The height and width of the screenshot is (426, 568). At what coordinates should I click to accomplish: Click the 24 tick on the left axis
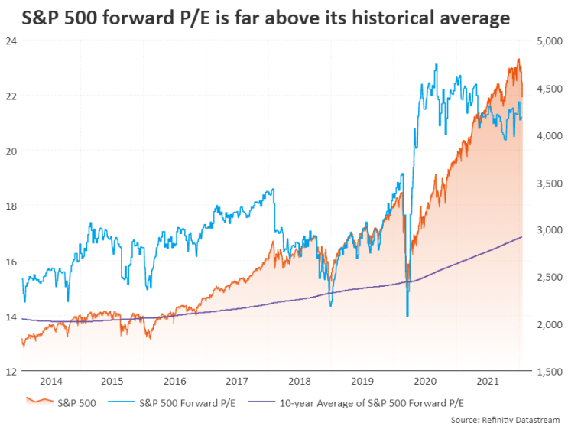[11, 41]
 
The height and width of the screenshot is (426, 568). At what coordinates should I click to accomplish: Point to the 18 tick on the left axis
[11, 206]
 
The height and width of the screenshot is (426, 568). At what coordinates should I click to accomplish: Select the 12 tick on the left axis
[11, 372]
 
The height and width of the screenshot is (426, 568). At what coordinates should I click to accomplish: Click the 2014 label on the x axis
[51, 381]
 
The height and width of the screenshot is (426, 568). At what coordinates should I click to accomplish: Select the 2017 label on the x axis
[238, 381]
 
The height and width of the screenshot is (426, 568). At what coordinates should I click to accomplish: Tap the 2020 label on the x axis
[424, 381]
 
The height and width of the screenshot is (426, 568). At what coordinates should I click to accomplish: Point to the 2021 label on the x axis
[486, 381]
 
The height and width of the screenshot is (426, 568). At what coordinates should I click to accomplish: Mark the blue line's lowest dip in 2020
[407, 316]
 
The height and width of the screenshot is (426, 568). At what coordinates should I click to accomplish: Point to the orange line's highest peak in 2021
[519, 60]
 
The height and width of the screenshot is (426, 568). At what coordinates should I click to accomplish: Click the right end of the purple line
[522, 237]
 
